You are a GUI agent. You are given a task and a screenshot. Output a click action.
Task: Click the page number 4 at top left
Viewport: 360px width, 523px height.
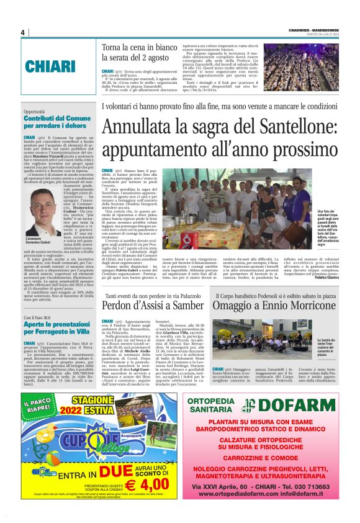coord(22,32)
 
